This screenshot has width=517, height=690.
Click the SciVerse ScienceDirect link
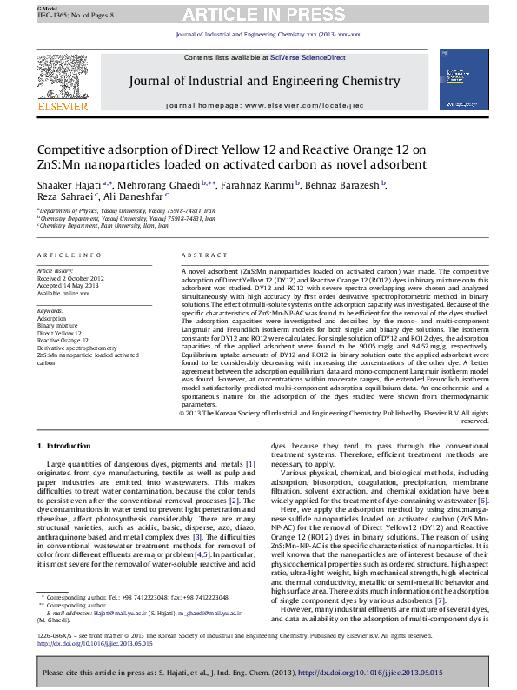point(307,57)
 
